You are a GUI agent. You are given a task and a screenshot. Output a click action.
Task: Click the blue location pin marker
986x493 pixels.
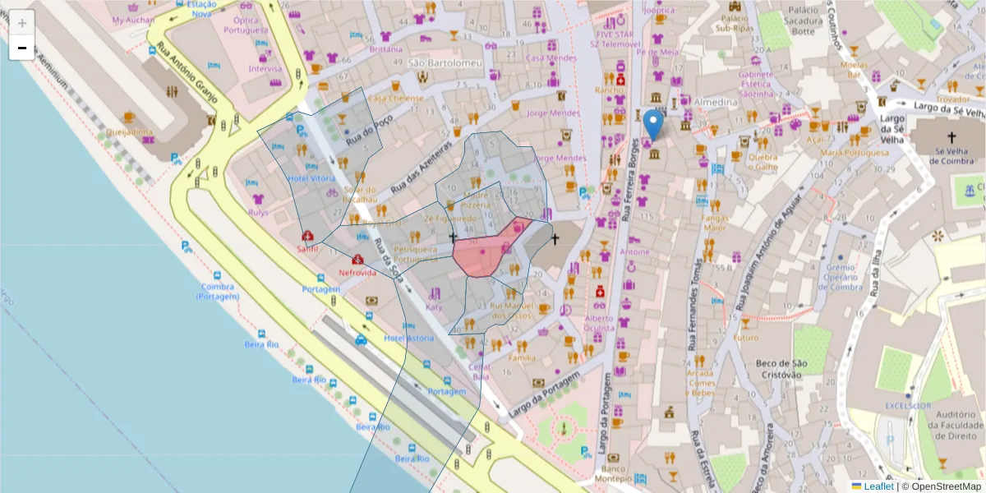653,125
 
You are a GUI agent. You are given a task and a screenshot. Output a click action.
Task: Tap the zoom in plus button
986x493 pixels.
22,23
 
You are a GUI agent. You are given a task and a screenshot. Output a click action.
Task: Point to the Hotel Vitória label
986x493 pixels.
311,178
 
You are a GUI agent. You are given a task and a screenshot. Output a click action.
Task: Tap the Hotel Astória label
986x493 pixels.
408,339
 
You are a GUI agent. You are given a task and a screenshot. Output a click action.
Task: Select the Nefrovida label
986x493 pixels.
357,272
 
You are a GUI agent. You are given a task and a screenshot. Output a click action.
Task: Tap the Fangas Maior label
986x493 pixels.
715,223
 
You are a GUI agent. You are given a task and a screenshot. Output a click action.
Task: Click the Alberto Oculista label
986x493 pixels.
599,323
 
